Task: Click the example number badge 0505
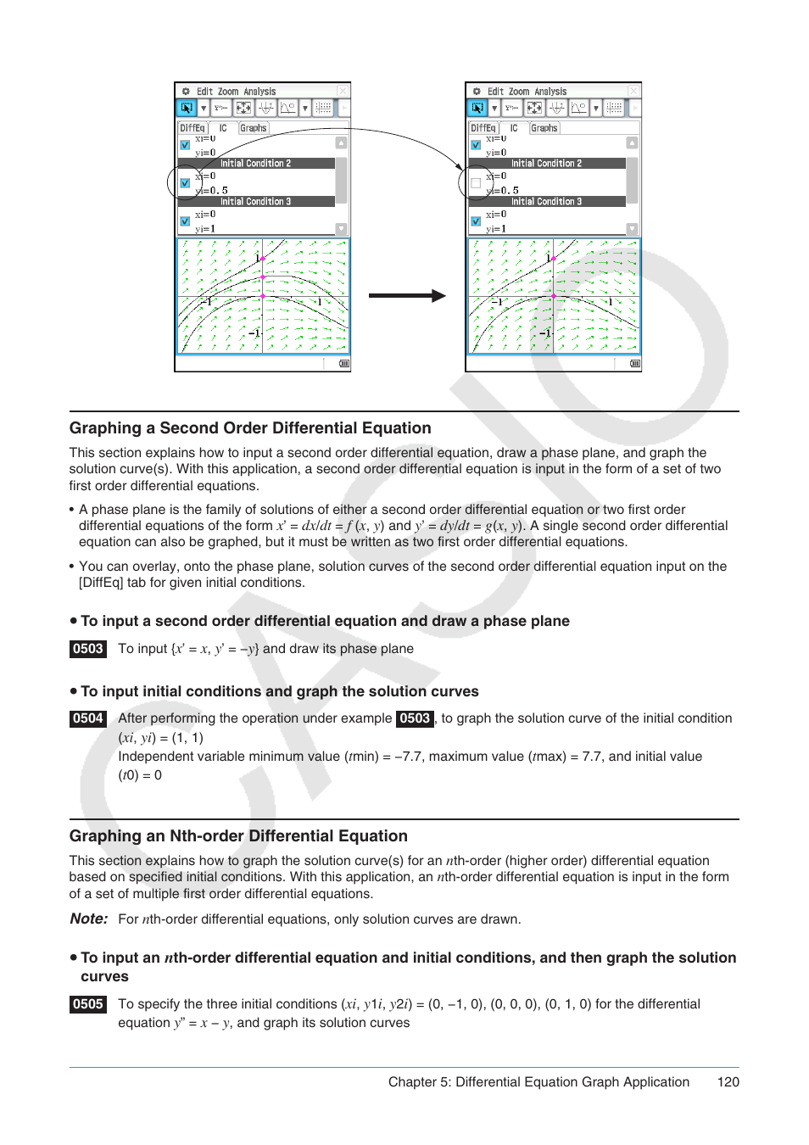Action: [88, 1004]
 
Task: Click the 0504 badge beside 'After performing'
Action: [88, 718]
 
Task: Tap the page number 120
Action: [728, 1082]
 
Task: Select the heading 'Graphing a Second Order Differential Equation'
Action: [250, 428]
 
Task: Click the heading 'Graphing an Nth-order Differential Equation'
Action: [238, 836]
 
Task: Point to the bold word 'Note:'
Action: [89, 919]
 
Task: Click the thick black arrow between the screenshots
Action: [407, 296]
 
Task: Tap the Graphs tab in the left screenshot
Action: [253, 128]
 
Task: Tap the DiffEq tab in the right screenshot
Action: [483, 128]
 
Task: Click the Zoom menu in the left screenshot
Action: [228, 92]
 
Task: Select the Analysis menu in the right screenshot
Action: [550, 92]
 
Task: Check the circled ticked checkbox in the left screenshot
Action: [185, 183]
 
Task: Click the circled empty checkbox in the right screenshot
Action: [476, 183]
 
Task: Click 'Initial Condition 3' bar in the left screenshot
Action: [255, 202]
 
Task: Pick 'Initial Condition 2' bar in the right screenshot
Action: [546, 164]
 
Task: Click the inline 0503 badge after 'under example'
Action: [415, 718]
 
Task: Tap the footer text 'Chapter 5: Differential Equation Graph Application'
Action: [538, 1082]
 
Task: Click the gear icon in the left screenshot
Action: [186, 92]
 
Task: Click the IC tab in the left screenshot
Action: [223, 128]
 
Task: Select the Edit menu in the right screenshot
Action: [495, 92]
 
